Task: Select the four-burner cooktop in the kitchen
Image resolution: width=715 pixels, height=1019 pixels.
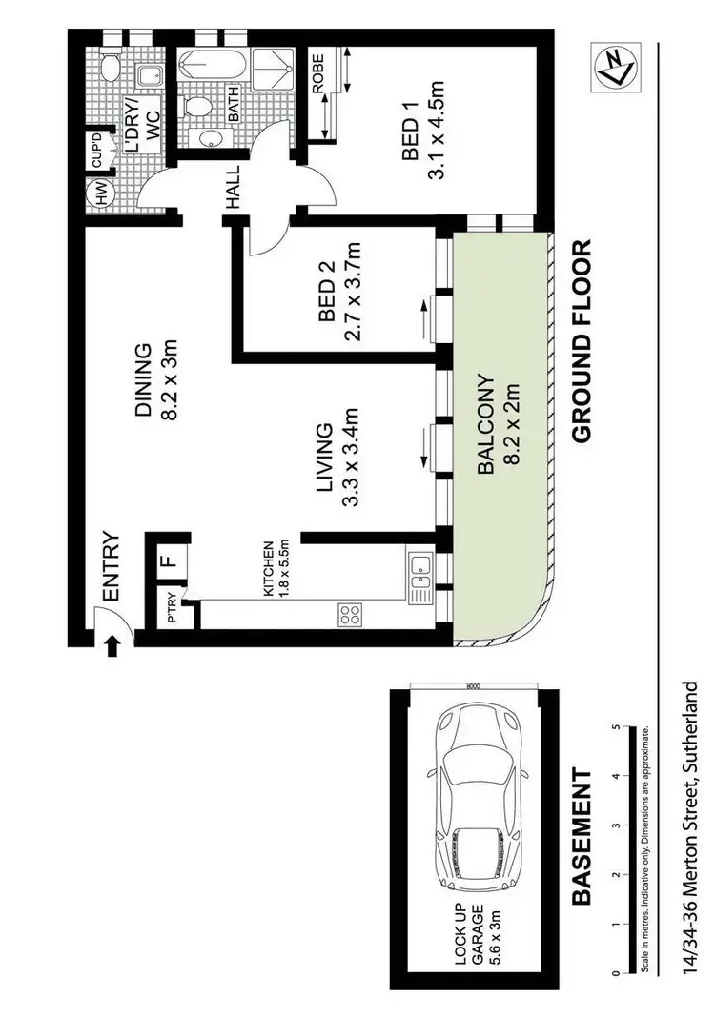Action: click(350, 614)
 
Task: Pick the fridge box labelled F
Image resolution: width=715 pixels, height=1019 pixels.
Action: click(166, 560)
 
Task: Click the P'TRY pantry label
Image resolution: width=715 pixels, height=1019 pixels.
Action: click(171, 608)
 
